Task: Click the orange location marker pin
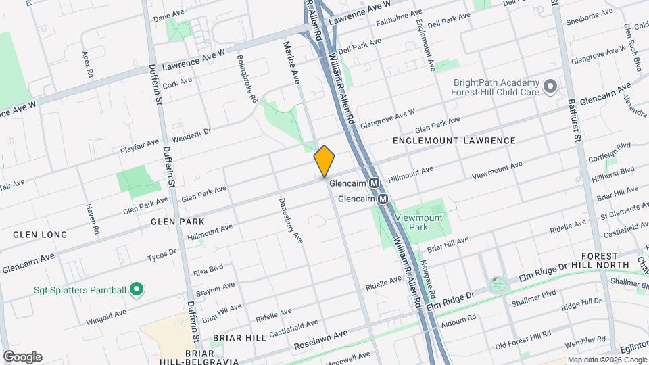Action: [x=324, y=162]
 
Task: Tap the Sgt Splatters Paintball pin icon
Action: [x=136, y=290]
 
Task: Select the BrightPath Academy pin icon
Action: [x=550, y=87]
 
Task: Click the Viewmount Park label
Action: [x=418, y=223]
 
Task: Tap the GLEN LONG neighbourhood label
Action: [x=40, y=235]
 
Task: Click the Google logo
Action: [x=22, y=357]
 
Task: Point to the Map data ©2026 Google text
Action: [x=606, y=360]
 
